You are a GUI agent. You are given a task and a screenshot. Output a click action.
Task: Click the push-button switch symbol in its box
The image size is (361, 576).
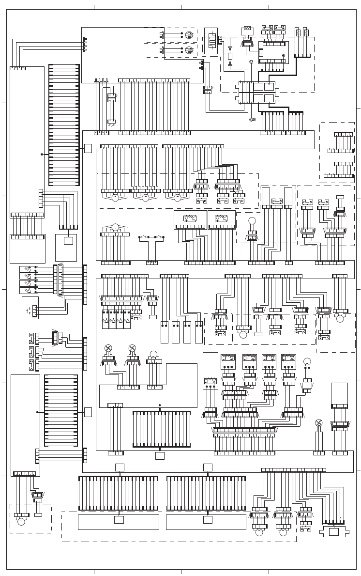[30, 308]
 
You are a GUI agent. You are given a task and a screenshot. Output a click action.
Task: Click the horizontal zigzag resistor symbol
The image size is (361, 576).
[247, 31]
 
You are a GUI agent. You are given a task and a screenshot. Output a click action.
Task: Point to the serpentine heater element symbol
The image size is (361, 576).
[211, 41]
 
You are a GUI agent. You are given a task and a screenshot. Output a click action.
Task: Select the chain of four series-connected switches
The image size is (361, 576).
[152, 237]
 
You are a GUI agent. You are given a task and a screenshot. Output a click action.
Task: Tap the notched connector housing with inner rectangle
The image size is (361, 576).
[334, 531]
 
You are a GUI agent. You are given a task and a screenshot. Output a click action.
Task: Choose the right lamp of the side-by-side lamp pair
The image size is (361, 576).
[132, 348]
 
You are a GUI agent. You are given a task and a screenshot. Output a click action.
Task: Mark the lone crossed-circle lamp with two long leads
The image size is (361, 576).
[318, 422]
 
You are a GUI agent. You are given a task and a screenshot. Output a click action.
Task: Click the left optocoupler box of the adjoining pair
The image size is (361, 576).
[190, 219]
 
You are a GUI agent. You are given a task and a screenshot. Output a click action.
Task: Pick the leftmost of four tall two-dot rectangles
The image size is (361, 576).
[164, 332]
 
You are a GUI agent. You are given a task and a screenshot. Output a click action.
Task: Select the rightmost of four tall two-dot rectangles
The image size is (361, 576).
[199, 332]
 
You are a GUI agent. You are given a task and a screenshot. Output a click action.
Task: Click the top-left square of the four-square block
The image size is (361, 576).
[259, 87]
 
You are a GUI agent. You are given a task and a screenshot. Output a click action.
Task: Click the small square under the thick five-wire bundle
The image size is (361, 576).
[160, 456]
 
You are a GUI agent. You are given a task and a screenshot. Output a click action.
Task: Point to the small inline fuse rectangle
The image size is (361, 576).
[230, 56]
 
